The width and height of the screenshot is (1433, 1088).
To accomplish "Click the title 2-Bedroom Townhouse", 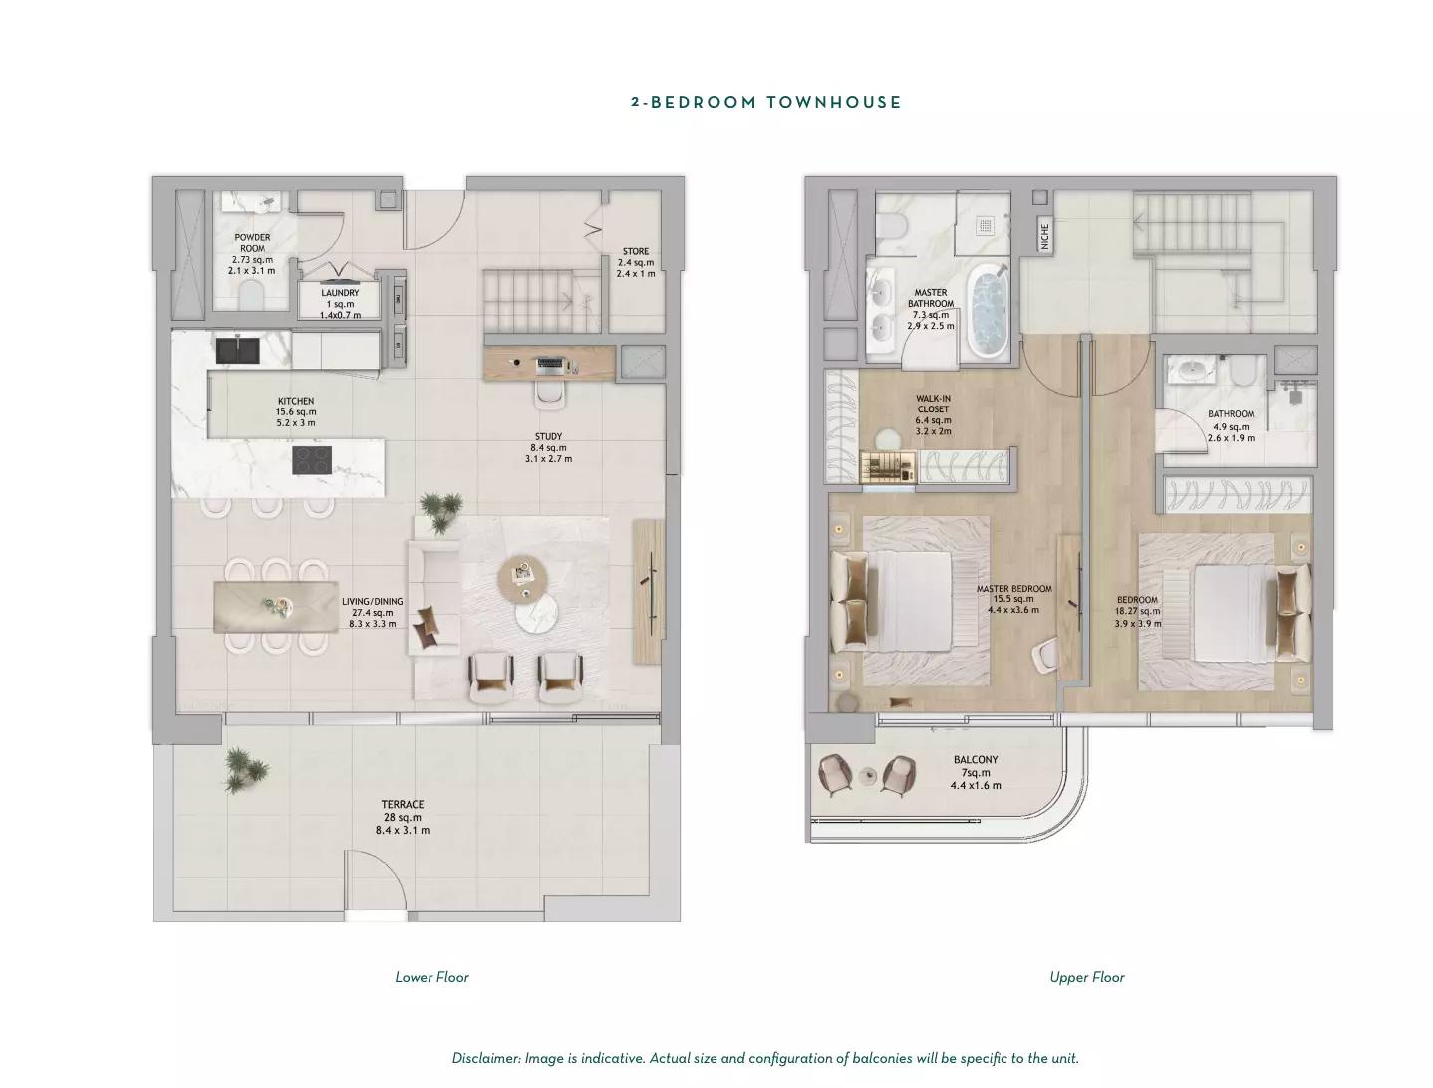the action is click(x=765, y=102).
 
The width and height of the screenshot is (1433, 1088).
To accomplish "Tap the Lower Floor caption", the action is click(x=431, y=977).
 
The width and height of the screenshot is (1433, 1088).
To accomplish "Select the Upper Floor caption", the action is click(x=1087, y=977).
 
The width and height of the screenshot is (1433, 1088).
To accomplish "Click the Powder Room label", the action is click(x=253, y=243).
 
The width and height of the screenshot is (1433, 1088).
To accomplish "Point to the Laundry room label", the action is click(x=340, y=292).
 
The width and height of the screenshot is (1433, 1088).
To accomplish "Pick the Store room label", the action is click(x=635, y=251).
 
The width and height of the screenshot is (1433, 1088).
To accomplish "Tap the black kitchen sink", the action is click(x=237, y=351).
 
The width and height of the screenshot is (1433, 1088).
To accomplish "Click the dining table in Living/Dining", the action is click(x=276, y=607).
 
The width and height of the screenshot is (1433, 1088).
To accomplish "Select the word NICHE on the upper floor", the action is click(x=1044, y=235).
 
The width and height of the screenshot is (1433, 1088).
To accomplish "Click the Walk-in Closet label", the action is click(x=933, y=404).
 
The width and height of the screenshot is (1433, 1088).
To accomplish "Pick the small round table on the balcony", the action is click(x=868, y=775).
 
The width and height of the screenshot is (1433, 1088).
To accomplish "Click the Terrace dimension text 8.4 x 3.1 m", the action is click(x=403, y=830).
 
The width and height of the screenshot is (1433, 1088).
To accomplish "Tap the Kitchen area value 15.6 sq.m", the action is click(x=296, y=411).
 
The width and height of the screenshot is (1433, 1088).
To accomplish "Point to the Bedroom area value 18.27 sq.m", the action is click(x=1137, y=611).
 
